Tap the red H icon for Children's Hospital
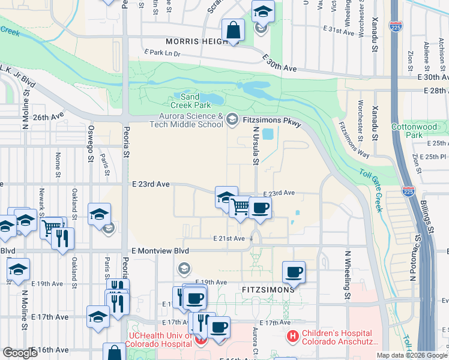click(x=293, y=337)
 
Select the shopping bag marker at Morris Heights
click(x=232, y=30)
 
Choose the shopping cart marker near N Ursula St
click(x=240, y=207)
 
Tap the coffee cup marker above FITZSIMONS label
click(x=294, y=272)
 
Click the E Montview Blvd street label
click(x=160, y=250)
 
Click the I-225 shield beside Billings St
click(x=408, y=192)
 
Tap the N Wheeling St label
click(x=347, y=274)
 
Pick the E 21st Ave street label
click(x=229, y=238)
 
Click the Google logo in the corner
click(x=20, y=353)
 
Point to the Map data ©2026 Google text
click(x=411, y=355)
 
